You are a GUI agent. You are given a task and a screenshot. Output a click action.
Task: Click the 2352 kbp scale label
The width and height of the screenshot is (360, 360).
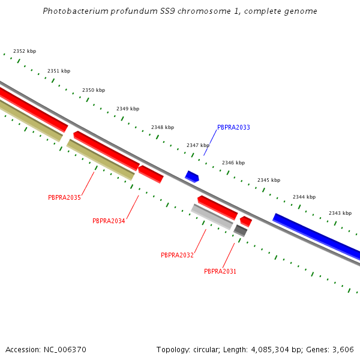[25, 52]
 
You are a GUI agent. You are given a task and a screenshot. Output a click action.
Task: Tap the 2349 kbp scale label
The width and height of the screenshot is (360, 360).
[128, 109]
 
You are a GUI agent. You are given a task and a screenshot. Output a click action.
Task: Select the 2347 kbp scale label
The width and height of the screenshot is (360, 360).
[198, 145]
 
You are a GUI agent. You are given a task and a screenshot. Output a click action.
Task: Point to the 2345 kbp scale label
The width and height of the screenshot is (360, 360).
[269, 180]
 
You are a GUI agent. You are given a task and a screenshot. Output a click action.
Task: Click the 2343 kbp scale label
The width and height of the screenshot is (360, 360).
[340, 213]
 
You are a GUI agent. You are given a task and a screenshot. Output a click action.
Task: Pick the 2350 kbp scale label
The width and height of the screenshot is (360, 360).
[94, 90]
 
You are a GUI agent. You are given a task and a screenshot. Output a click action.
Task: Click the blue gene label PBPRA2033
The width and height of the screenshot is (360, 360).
[233, 128]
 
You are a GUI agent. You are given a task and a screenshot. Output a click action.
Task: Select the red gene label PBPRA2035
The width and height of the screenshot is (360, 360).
[64, 197]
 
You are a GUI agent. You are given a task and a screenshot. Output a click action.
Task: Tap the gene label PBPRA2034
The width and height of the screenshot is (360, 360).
[109, 221]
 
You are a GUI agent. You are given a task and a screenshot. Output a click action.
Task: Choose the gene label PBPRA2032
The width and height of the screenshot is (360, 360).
[177, 255]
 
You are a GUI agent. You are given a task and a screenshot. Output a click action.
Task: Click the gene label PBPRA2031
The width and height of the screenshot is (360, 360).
[220, 271]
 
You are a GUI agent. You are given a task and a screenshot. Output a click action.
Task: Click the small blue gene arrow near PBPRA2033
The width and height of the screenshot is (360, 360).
[192, 176]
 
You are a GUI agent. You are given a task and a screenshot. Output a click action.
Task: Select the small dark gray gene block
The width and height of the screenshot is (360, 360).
[241, 230]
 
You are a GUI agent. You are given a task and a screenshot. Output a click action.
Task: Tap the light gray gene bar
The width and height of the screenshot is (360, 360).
[212, 217]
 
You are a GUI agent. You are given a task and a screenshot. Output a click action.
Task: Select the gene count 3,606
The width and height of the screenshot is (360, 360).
[343, 349]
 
